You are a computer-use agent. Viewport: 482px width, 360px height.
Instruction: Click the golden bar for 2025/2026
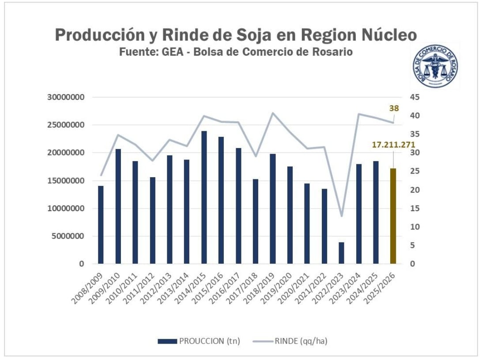click(x=393, y=216)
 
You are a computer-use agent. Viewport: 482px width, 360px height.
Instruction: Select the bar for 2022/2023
click(x=341, y=253)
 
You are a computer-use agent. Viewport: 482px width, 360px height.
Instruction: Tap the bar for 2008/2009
click(x=101, y=225)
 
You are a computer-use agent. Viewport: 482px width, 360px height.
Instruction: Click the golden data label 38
click(x=394, y=108)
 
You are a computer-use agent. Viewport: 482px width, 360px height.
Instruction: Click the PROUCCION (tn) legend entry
click(x=199, y=341)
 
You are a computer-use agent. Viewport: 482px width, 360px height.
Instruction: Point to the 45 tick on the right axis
click(x=415, y=97)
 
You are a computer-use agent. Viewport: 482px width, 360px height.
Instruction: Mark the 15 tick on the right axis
click(x=415, y=208)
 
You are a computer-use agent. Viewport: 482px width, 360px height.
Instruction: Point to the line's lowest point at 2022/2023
click(x=341, y=216)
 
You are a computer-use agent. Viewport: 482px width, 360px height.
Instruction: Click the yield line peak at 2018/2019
click(x=272, y=113)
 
